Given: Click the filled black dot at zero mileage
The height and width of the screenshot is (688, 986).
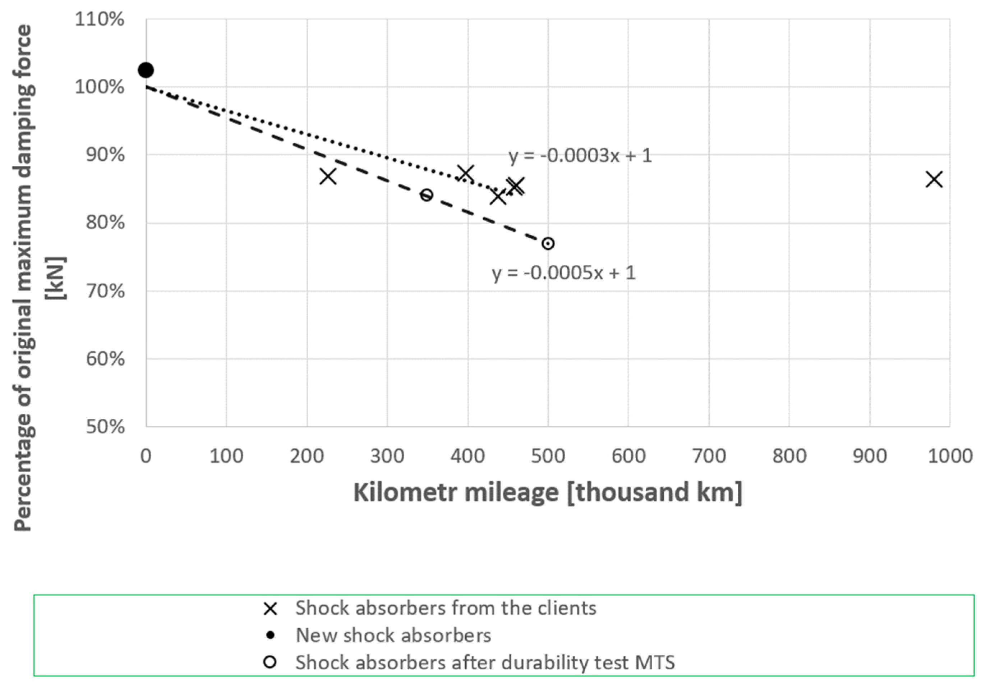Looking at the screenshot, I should coord(146,70).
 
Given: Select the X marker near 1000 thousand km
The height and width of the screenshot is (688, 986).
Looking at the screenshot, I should coord(934,179).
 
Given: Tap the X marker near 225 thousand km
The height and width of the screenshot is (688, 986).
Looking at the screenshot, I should coord(328,176).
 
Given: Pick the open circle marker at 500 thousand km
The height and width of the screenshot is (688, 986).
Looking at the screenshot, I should coord(548,243).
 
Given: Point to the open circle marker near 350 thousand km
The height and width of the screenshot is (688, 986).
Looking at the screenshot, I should coord(426,195).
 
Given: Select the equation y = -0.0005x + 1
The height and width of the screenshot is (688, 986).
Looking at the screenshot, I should coord(563,273).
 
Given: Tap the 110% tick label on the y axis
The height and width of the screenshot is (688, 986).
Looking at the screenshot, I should coord(100,19).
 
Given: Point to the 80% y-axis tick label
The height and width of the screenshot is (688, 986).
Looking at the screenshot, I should coord(105,223).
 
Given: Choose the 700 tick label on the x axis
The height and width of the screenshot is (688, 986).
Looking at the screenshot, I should coord(709,456).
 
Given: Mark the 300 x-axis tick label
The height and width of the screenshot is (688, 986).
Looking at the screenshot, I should coord(387,456).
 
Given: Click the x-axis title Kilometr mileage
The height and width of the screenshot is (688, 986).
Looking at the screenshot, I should coord(548,492).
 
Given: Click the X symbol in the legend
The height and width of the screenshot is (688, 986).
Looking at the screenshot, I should coord(270,609).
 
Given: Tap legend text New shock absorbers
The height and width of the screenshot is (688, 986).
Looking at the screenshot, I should coord(393,635).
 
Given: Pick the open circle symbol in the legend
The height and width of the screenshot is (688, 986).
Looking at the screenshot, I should coord(270,662).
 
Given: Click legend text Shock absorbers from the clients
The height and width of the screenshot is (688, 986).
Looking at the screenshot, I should coord(446,608).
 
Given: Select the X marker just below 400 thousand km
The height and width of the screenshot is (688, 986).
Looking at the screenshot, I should coord(466,173).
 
